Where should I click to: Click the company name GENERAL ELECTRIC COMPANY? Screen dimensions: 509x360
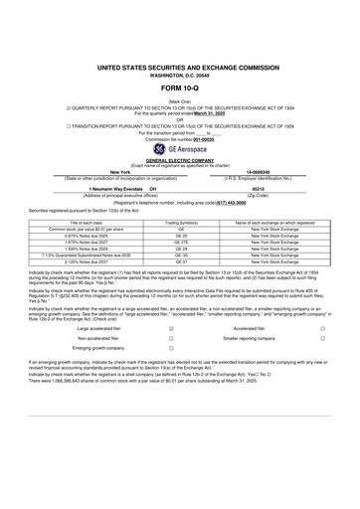[179, 159]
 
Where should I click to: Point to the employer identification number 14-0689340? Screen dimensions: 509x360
[266, 171]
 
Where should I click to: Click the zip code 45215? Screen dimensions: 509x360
[266, 188]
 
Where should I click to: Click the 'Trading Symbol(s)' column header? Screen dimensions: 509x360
[181, 223]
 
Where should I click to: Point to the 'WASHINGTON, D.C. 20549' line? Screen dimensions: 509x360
[179, 71]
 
